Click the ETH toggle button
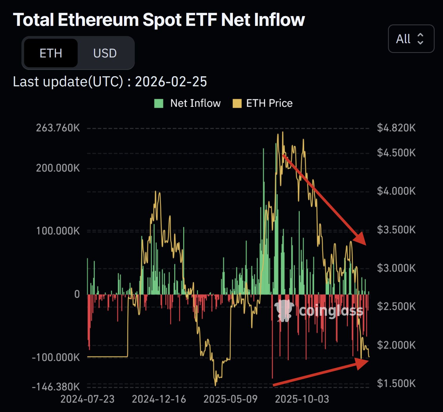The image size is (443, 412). click(x=51, y=53)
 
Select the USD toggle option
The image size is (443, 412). click(x=105, y=53)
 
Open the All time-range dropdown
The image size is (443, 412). click(x=411, y=39)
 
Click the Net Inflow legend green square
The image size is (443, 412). click(x=159, y=103)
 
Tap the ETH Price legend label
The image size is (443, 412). click(x=269, y=103)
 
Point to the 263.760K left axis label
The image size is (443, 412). click(x=58, y=128)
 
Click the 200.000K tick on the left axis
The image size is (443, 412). click(x=58, y=168)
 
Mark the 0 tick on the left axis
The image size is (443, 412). click(x=77, y=294)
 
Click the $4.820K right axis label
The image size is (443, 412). click(x=396, y=128)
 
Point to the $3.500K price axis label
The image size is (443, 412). click(x=396, y=230)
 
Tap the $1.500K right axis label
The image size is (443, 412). click(x=396, y=383)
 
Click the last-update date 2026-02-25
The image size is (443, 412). click(x=171, y=82)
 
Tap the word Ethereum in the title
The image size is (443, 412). click(x=98, y=20)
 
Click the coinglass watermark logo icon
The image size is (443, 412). click(x=284, y=310)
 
